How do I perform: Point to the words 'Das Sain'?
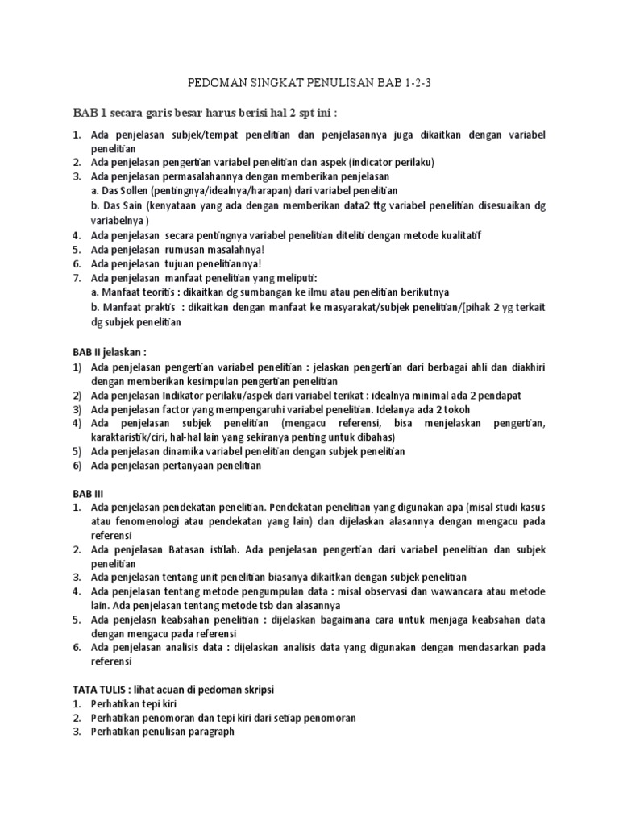121,205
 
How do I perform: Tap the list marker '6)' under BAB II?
77,466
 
